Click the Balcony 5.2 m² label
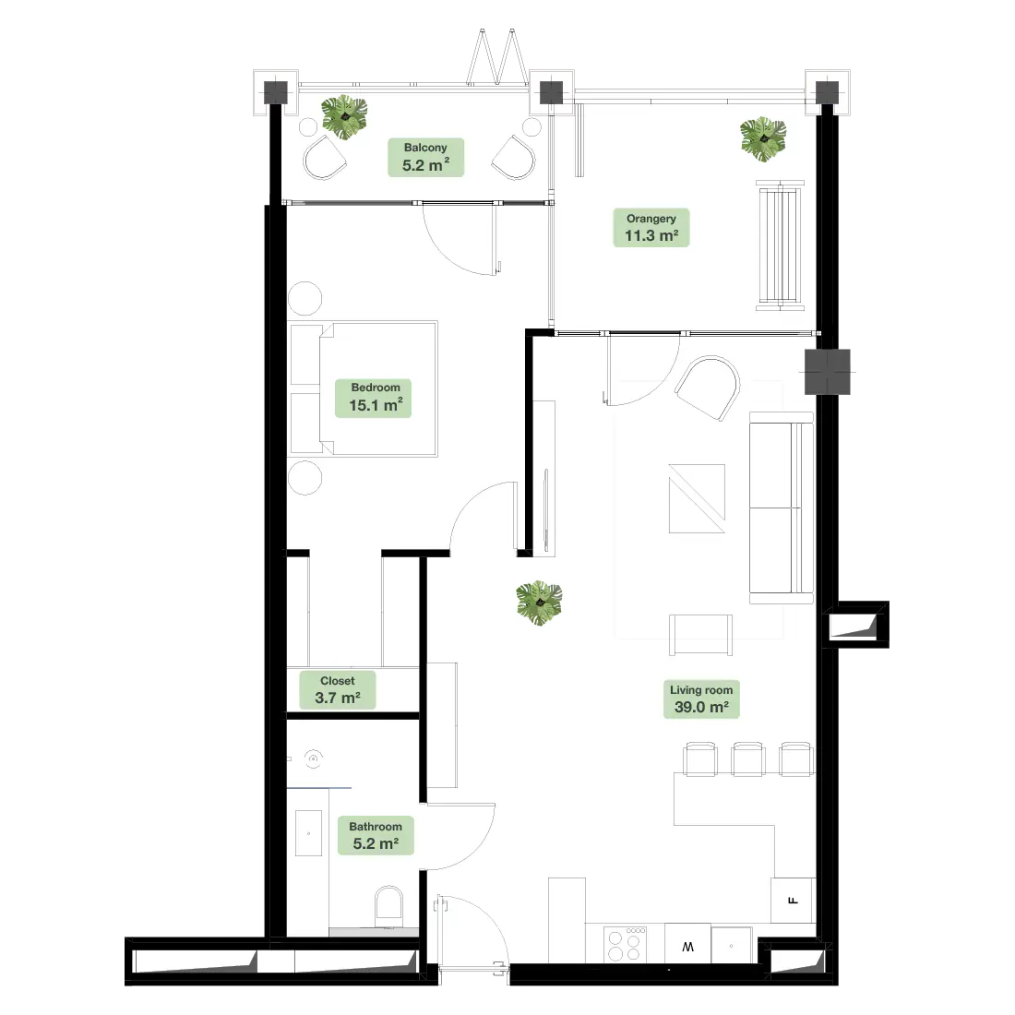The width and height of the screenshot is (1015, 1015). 425,157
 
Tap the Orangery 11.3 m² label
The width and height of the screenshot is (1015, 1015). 651,228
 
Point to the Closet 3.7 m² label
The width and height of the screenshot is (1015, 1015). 337,690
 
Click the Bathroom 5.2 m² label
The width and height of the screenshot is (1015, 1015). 376,836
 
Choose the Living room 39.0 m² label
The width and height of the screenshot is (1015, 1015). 701,699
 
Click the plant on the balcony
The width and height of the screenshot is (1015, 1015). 344,117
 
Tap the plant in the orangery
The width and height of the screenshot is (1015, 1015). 763,139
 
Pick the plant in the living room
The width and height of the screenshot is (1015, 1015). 539,603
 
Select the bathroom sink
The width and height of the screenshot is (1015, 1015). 309,833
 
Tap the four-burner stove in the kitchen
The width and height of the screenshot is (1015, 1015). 625,945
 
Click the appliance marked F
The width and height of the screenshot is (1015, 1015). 793,901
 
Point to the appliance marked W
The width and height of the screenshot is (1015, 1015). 687,944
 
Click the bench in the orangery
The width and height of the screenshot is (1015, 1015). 780,245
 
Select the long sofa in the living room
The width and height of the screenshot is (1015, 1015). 782,508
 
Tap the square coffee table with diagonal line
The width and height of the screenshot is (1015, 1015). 698,498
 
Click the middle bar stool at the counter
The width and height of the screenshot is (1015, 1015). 747,759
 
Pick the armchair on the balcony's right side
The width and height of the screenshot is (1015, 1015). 514,157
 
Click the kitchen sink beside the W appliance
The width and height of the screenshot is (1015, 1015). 732,945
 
